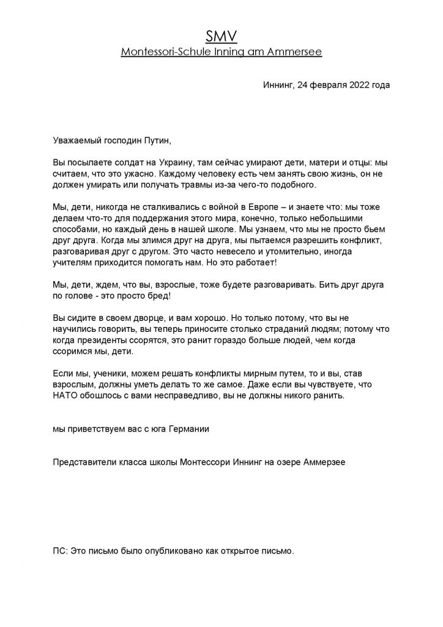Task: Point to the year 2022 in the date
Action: pyautogui.click(x=356, y=85)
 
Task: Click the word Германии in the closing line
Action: pyautogui.click(x=188, y=429)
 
